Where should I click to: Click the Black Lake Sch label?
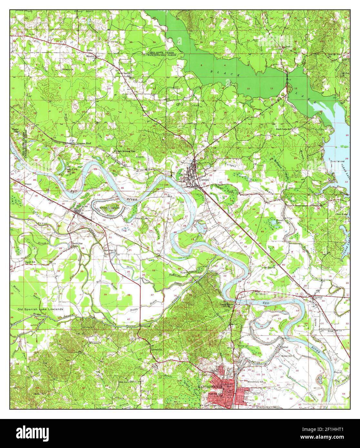click(284, 129)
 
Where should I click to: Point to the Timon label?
click(28, 184)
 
